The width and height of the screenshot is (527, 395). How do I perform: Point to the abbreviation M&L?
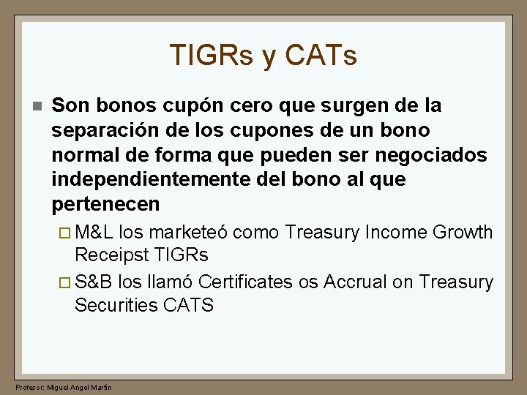coord(94,233)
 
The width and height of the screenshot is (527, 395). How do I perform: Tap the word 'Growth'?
coord(463,233)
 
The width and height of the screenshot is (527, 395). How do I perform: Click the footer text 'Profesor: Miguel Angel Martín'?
coord(64,387)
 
